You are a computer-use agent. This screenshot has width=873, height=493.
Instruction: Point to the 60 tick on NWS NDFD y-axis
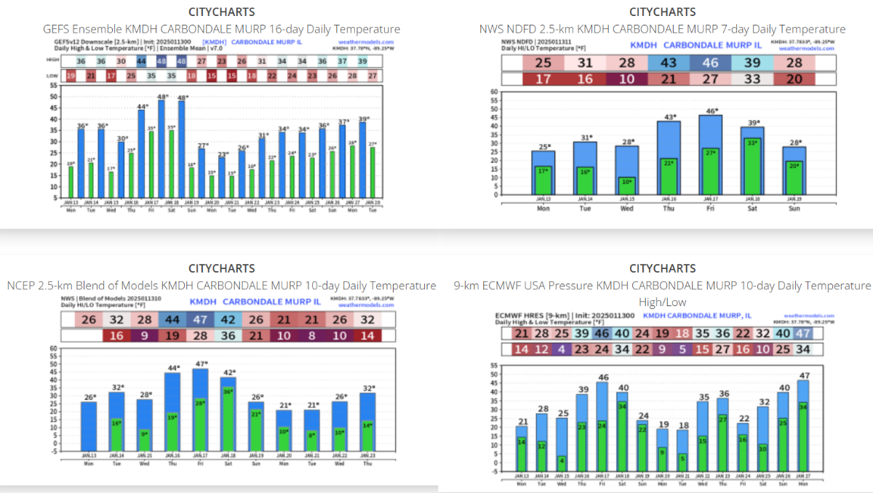click(x=494, y=92)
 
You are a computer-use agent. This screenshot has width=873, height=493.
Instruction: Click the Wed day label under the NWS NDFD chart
click(x=627, y=208)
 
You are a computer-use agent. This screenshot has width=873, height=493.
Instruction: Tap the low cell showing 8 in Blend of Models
click(x=312, y=335)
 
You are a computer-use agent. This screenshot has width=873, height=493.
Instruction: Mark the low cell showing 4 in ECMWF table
click(x=560, y=349)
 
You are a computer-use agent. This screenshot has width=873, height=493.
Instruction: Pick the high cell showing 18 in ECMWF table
click(x=681, y=333)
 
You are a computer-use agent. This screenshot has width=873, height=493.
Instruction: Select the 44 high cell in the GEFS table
click(x=141, y=62)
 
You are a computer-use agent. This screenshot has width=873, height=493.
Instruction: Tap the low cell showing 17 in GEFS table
click(x=111, y=76)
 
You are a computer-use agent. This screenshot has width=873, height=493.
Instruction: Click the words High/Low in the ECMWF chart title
click(x=661, y=302)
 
